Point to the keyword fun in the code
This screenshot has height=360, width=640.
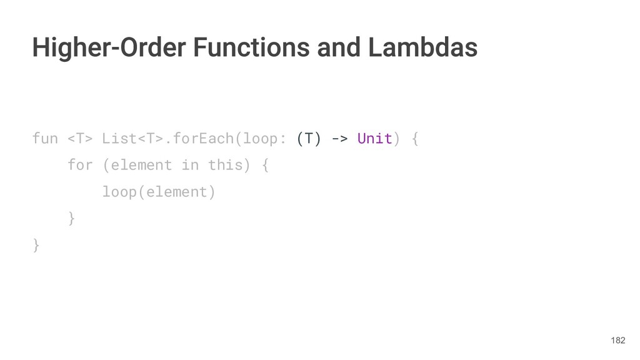[x=45, y=138]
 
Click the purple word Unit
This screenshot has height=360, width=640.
[x=374, y=138]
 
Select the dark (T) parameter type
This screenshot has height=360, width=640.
[x=309, y=138]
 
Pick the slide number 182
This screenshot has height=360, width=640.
[x=617, y=341]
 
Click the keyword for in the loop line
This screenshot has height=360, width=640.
[x=80, y=165]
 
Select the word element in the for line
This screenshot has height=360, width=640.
[x=141, y=165]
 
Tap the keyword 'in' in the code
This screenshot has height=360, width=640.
[x=189, y=165]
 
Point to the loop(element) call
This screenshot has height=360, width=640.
[x=159, y=192]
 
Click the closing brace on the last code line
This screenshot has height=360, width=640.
[x=36, y=246]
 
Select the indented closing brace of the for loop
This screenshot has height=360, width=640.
[x=71, y=219]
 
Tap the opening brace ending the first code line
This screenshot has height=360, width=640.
[x=415, y=138]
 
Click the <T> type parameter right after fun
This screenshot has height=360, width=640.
[x=80, y=138]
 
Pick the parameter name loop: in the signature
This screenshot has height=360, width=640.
[x=264, y=138]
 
